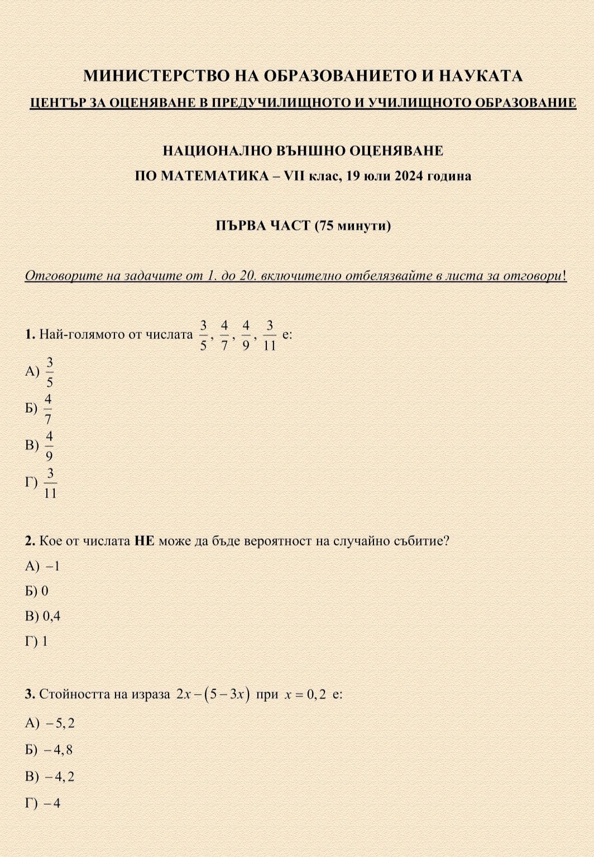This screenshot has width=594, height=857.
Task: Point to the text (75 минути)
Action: (352, 226)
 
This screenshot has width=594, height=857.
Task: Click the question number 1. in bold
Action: (30, 335)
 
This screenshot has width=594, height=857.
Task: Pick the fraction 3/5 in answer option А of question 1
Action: (50, 372)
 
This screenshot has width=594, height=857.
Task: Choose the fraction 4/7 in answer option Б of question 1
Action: (49, 409)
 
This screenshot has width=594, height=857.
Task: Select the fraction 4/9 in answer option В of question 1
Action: (49, 446)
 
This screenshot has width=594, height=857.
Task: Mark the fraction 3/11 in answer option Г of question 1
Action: (50, 483)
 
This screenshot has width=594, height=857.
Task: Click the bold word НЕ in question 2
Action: (144, 541)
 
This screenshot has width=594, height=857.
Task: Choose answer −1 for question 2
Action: (53, 566)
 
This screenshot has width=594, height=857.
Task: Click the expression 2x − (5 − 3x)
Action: (212, 695)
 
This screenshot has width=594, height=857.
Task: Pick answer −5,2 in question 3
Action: (60, 724)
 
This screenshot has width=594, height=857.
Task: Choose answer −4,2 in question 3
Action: (60, 777)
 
